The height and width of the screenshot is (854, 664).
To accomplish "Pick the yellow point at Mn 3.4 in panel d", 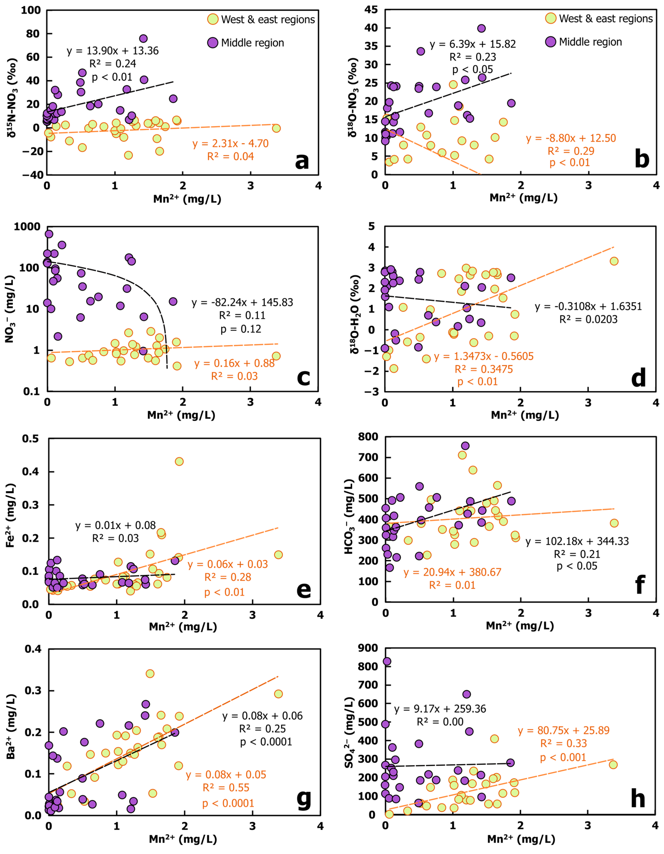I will coord(614,261).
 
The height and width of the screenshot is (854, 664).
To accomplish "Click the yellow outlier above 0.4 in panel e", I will coord(179,461).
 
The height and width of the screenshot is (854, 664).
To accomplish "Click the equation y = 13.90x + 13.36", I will coord(113,51).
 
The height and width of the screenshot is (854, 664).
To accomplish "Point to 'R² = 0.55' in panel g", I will coord(226,788).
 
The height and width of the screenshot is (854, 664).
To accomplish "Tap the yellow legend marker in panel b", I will coord(551,18).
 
